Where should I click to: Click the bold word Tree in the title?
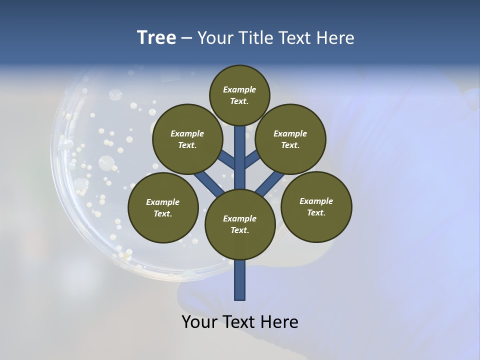(156, 38)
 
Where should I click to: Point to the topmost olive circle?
(239, 95)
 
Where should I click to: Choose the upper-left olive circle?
(187, 139)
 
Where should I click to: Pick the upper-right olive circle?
(290, 139)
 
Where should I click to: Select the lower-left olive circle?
(163, 207)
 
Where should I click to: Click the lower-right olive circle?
(316, 206)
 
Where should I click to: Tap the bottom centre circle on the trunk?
(240, 224)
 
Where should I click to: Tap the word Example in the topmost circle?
(239, 89)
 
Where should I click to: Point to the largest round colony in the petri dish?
(106, 162)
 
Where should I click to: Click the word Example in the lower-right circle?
(316, 201)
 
